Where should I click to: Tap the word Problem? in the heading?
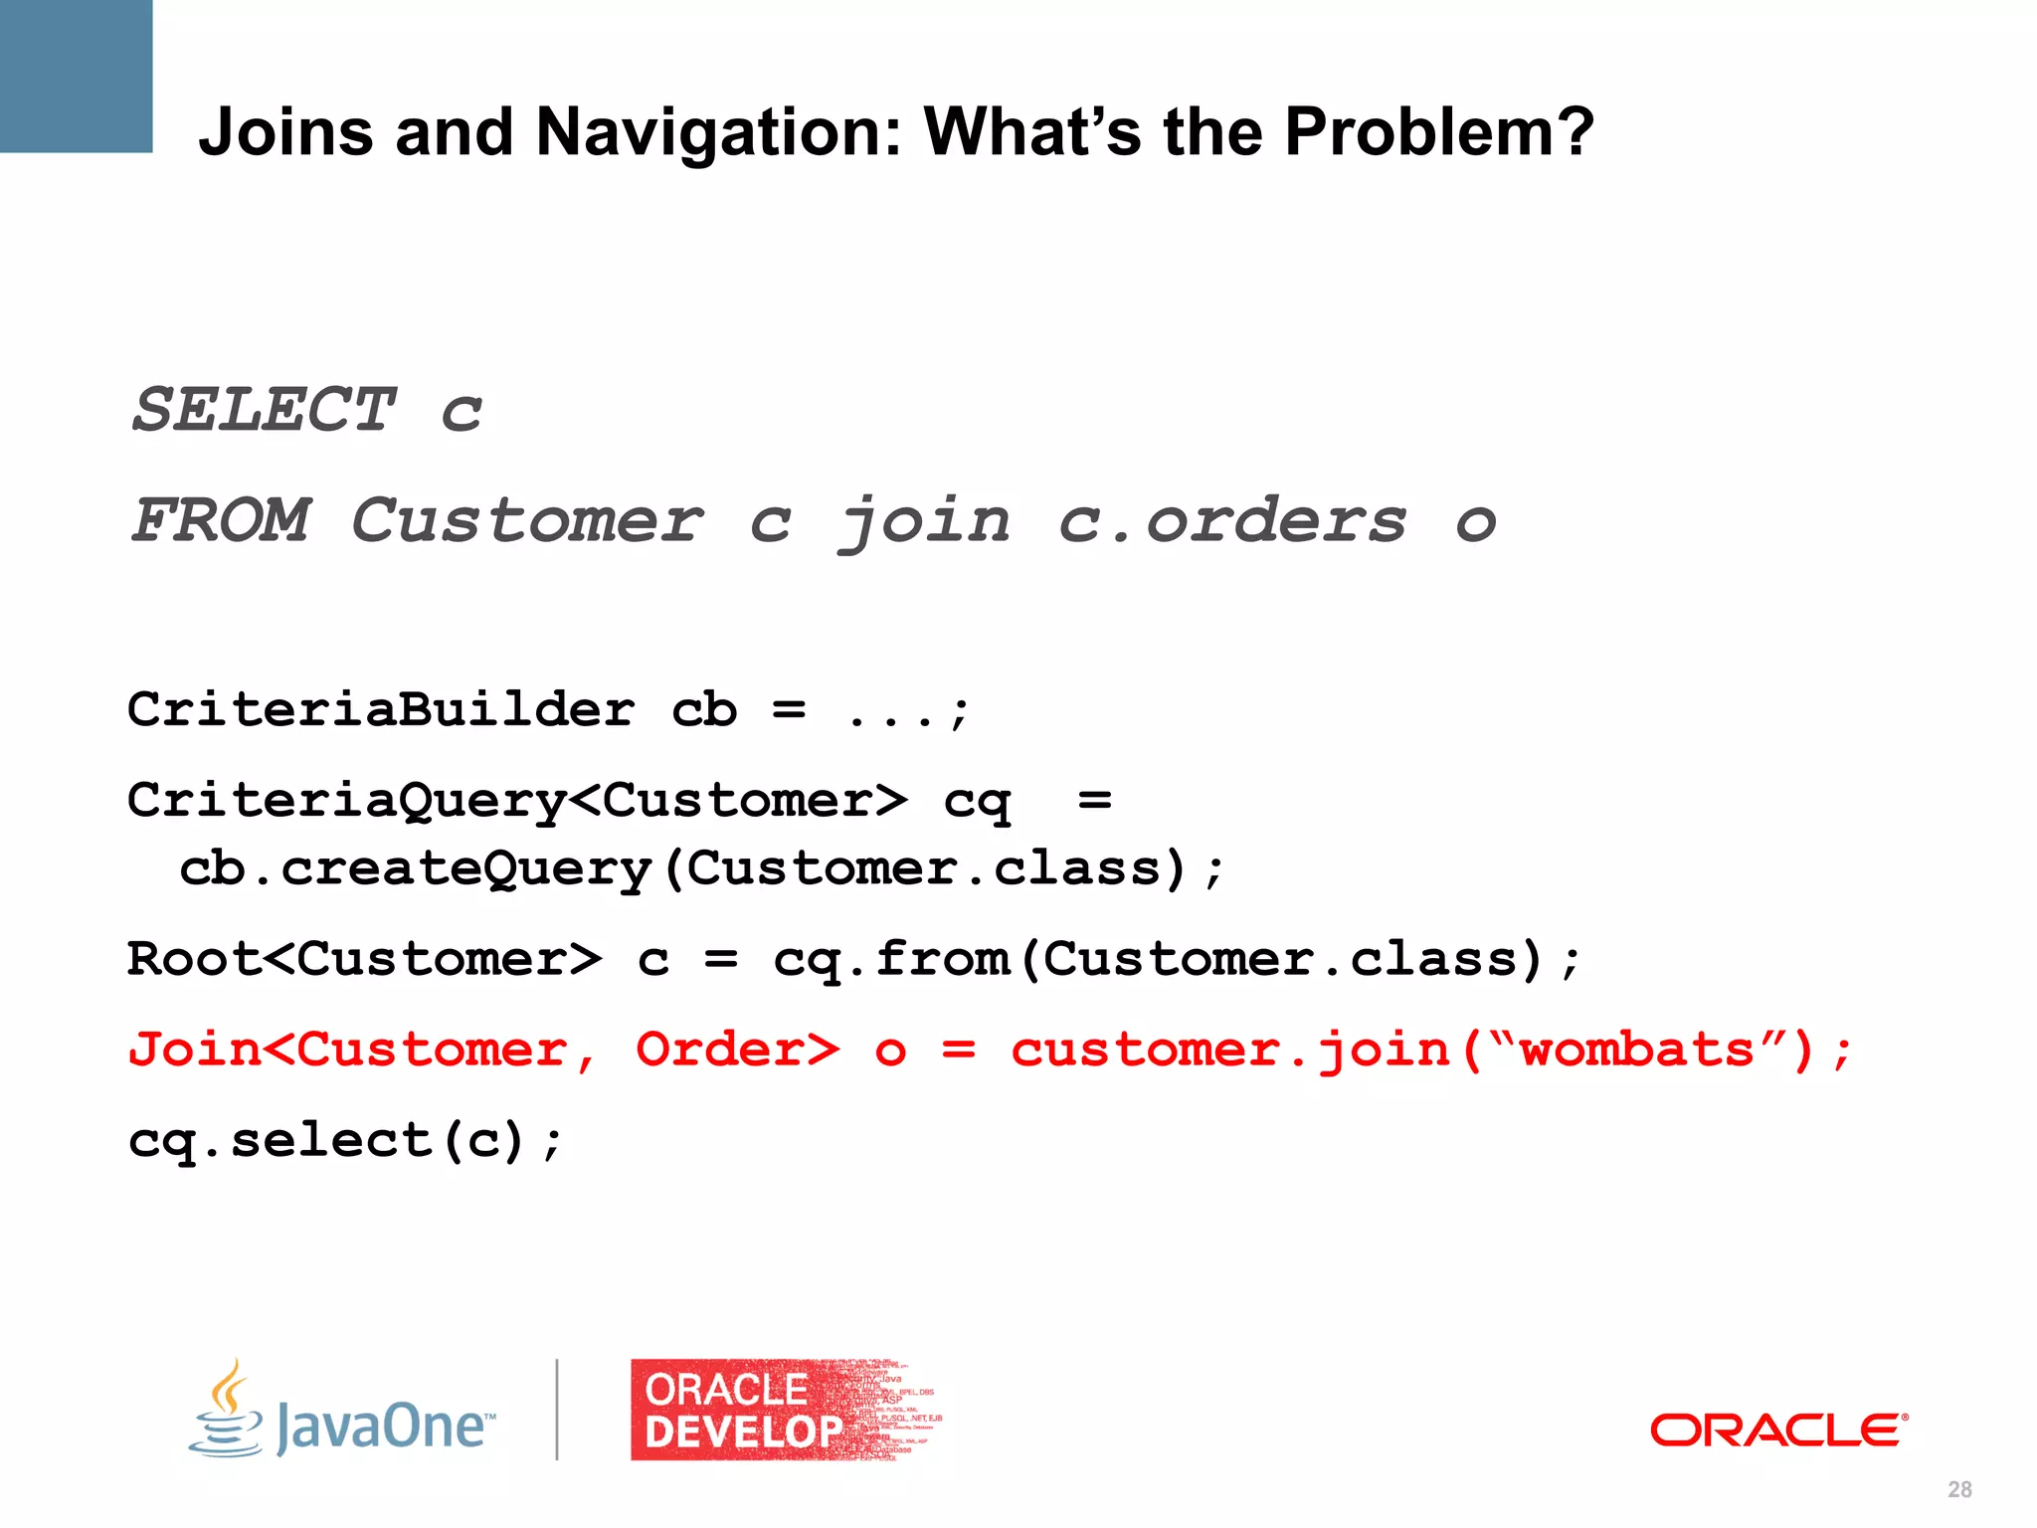tap(1438, 133)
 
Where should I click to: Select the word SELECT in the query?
tap(265, 410)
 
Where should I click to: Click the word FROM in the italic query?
tap(221, 520)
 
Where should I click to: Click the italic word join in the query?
tap(925, 522)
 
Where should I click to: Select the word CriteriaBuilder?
tap(381, 710)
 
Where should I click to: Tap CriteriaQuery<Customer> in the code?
tap(517, 801)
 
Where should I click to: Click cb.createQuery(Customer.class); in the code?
tap(701, 868)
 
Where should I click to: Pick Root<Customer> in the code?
tap(364, 960)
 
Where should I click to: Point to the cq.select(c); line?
tap(345, 1141)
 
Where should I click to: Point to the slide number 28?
tap(1959, 1489)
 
